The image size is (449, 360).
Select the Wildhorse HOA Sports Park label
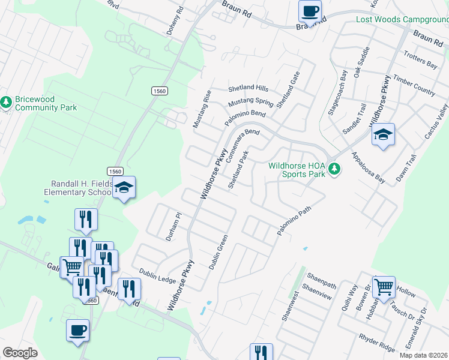click(x=296, y=170)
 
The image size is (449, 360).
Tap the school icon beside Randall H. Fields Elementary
click(x=124, y=188)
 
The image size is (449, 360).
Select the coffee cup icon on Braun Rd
click(x=310, y=11)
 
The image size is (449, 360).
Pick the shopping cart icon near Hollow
click(x=384, y=286)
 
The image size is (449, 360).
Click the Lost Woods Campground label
click(x=402, y=19)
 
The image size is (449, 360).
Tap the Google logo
click(x=20, y=353)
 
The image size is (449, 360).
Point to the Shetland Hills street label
click(x=248, y=88)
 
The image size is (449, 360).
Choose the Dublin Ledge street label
click(x=157, y=275)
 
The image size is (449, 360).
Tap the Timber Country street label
click(x=414, y=85)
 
